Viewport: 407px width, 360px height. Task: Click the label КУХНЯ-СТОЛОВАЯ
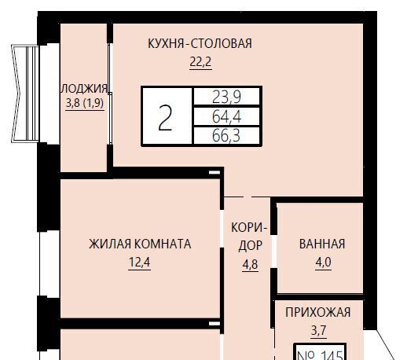point(200,43)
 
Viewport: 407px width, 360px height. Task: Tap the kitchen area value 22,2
point(200,62)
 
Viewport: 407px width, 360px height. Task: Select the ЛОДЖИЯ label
point(84,89)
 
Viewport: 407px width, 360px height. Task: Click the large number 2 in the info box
point(165,117)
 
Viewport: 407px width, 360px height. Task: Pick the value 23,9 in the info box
point(226,97)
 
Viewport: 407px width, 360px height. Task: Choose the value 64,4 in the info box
point(226,116)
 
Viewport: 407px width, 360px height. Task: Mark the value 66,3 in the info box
point(225,136)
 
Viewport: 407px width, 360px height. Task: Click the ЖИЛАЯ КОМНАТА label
point(140,244)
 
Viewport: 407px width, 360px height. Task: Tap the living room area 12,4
point(140,262)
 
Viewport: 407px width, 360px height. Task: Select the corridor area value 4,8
point(250,265)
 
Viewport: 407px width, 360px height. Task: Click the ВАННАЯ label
point(322,244)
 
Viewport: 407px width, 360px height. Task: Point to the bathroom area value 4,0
point(324,262)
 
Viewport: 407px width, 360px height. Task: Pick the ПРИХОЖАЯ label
point(318,312)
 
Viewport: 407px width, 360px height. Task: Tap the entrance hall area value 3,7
point(319,330)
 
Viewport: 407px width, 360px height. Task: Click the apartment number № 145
point(321,354)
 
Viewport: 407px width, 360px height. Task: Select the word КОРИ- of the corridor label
point(249,227)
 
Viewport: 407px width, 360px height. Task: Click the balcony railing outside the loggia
point(25,94)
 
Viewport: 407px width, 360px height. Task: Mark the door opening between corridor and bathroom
point(273,252)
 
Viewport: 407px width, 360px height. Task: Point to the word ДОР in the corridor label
point(251,246)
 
